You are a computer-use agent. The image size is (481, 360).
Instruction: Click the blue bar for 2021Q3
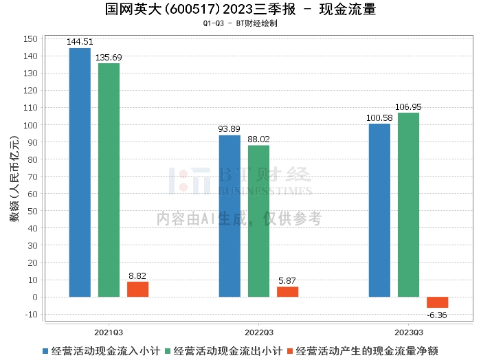pyautogui.click(x=80, y=172)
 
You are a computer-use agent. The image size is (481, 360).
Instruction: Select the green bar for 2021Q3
pyautogui.click(x=109, y=180)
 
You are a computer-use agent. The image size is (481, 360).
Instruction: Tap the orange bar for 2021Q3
pyautogui.click(x=137, y=289)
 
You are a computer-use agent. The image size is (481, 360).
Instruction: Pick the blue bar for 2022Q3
pyautogui.click(x=230, y=216)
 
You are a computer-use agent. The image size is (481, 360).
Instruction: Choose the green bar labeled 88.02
pyautogui.click(x=258, y=221)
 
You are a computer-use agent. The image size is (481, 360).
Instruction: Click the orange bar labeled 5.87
pyautogui.click(x=287, y=292)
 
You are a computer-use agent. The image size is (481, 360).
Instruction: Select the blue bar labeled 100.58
pyautogui.click(x=379, y=210)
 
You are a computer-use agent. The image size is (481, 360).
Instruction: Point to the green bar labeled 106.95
pyautogui.click(x=408, y=205)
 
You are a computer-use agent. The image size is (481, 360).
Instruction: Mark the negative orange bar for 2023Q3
pyautogui.click(x=437, y=302)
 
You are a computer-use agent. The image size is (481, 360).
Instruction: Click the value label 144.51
pyautogui.click(x=80, y=43)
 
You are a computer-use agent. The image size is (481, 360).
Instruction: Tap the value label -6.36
pyautogui.click(x=437, y=315)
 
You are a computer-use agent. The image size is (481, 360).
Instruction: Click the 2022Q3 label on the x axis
pyautogui.click(x=258, y=331)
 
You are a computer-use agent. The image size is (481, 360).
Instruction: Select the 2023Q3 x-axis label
pyautogui.click(x=408, y=331)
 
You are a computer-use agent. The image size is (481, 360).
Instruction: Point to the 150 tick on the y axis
pyautogui.click(x=30, y=38)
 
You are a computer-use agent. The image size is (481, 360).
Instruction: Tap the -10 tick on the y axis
pyautogui.click(x=30, y=315)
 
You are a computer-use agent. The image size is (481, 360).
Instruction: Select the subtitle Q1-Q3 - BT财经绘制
pyautogui.click(x=240, y=23)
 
